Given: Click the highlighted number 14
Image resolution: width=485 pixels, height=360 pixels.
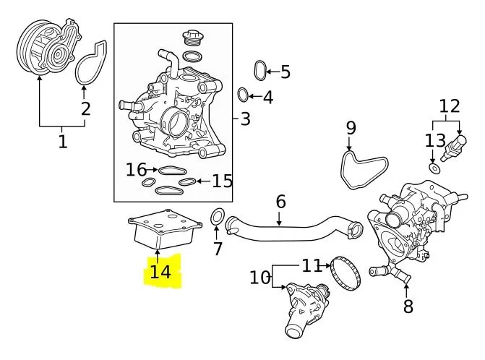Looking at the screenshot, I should pyautogui.click(x=160, y=272).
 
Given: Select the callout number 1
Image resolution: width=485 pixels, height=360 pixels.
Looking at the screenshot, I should pyautogui.click(x=62, y=142).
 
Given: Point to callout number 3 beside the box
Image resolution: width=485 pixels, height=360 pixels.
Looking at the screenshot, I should pyautogui.click(x=246, y=118).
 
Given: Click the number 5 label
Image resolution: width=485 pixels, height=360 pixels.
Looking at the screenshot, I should pyautogui.click(x=285, y=72).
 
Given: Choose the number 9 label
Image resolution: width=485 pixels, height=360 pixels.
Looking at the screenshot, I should pyautogui.click(x=351, y=128).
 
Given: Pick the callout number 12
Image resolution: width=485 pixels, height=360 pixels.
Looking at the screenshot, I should pyautogui.click(x=449, y=106).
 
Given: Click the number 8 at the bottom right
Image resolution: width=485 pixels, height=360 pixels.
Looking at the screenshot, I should pyautogui.click(x=408, y=307).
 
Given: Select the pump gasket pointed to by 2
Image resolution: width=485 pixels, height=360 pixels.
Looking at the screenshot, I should pyautogui.click(x=91, y=62).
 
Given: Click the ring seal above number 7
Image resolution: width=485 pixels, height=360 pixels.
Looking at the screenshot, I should pyautogui.click(x=216, y=216).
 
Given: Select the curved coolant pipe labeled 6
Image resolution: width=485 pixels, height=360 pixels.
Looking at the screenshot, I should pyautogui.click(x=289, y=227).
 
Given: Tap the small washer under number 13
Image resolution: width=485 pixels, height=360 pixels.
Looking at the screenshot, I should pyautogui.click(x=434, y=168).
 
